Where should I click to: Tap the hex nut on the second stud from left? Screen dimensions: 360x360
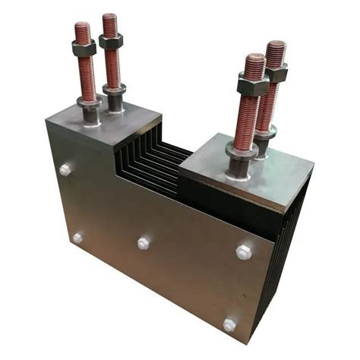pyautogui.click(x=111, y=41)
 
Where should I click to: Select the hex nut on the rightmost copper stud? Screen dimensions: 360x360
pyautogui.click(x=275, y=73)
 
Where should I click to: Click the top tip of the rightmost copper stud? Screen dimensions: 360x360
pyautogui.click(x=276, y=46)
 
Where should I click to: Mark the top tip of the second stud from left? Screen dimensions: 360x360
pyautogui.click(x=110, y=17)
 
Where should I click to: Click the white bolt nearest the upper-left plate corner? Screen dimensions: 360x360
pyautogui.click(x=65, y=170)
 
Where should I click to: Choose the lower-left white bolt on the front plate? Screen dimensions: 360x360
pyautogui.click(x=77, y=238)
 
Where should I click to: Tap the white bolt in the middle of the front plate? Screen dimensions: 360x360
pyautogui.click(x=144, y=243)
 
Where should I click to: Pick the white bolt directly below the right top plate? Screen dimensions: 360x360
pyautogui.click(x=244, y=251)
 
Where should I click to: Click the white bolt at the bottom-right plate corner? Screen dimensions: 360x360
pyautogui.click(x=229, y=324)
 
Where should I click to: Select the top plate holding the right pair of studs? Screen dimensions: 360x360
pyautogui.click(x=251, y=167)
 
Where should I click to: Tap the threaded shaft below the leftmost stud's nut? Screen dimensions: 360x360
pyautogui.click(x=87, y=80)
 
